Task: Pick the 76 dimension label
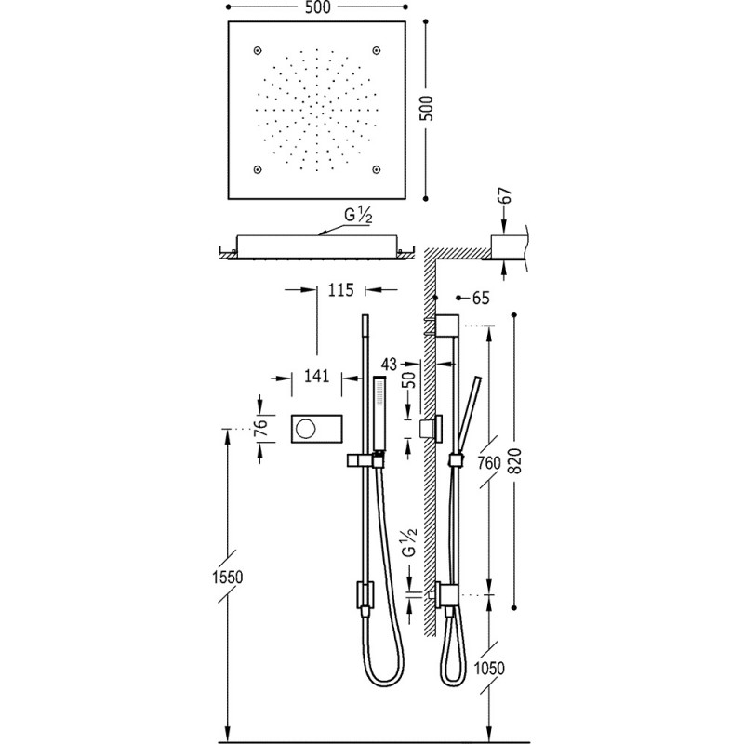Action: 261,429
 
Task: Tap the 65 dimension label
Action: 480,299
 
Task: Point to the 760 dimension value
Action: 485,462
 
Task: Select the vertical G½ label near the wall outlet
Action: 406,542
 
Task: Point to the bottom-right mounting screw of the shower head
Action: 376,168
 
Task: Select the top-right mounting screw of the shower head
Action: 376,49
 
